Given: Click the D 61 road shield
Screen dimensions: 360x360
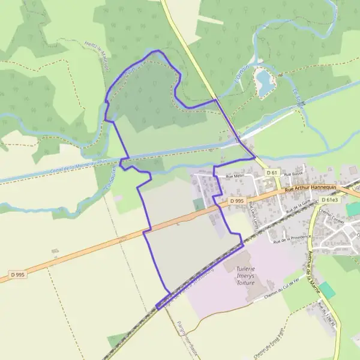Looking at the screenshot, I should click(x=272, y=173).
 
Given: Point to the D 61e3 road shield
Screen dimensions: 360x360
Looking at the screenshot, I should click(x=329, y=200).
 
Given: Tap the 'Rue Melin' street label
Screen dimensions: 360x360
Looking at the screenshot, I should click(x=226, y=176).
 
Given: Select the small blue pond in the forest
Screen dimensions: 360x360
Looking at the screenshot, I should click(x=263, y=82).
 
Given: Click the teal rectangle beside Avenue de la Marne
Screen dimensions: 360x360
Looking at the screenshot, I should click(x=326, y=290).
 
